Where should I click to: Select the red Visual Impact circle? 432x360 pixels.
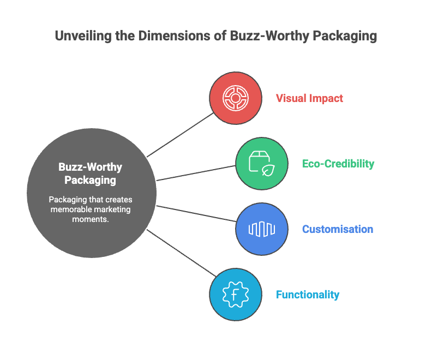click(236, 98)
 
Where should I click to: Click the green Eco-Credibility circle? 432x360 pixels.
click(262, 164)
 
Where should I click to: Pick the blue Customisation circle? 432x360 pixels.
click(262, 229)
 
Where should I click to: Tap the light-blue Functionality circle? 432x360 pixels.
click(236, 295)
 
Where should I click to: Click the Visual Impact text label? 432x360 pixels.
click(309, 98)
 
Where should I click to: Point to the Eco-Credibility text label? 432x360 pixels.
click(338, 164)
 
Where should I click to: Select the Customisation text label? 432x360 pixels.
click(338, 229)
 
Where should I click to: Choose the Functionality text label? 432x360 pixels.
click(308, 295)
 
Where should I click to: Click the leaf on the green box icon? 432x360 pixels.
click(268, 170)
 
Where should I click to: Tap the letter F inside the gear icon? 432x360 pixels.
click(235, 295)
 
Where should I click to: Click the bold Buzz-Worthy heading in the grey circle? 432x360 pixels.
click(91, 167)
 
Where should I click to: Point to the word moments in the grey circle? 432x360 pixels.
click(91, 219)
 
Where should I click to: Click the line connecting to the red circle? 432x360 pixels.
click(180, 135)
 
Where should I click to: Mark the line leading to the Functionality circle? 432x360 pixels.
click(181, 253)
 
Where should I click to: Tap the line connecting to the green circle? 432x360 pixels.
click(196, 173)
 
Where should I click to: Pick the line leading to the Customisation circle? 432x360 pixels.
click(196, 213)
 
